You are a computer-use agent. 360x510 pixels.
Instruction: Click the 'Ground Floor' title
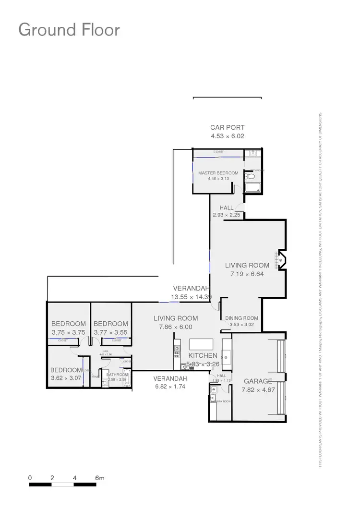pos(69,30)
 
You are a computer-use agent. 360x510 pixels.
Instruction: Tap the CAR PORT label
pos(228,128)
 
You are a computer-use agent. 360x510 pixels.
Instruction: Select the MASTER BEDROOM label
pos(218,173)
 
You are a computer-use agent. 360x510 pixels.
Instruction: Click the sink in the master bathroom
pos(252,153)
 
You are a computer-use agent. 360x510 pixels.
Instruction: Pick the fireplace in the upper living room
pos(281,260)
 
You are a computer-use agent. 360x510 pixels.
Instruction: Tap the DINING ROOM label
pos(241,318)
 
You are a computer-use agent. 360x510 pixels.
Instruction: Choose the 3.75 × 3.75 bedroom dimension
pos(68,332)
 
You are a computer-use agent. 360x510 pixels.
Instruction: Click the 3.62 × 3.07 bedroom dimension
pos(67,378)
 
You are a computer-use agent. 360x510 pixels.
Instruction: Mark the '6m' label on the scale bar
pos(99,478)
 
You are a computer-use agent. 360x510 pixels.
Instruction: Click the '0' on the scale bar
pos(30,478)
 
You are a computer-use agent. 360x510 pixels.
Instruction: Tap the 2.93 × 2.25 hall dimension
pos(227,215)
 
